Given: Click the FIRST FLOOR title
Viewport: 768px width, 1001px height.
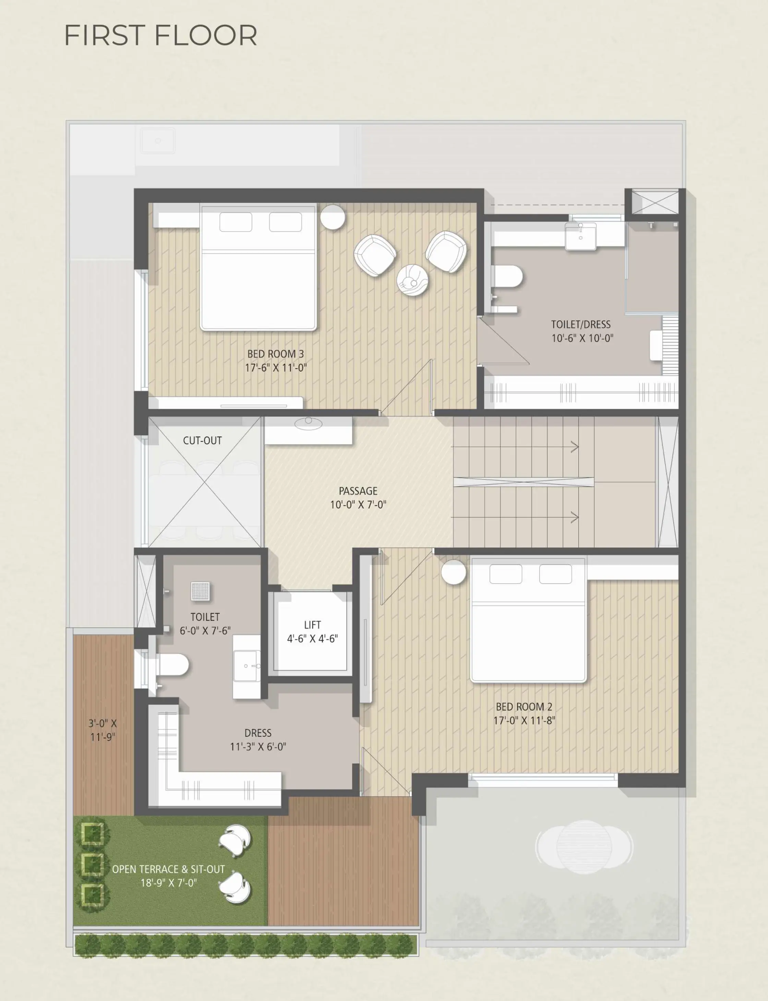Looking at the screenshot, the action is pyautogui.click(x=160, y=35).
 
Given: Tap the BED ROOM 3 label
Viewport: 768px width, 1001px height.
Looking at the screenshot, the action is pyautogui.click(x=275, y=354).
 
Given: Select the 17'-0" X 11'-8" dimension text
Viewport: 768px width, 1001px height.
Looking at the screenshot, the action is pyautogui.click(x=524, y=720).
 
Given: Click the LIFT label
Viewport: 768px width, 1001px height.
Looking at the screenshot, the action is pyautogui.click(x=312, y=624).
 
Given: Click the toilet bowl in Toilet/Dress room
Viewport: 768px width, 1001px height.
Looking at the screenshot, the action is pyautogui.click(x=508, y=277).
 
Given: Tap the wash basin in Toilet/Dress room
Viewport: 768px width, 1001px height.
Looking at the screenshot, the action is pyautogui.click(x=580, y=236).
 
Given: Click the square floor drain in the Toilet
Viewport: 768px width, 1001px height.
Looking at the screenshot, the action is pyautogui.click(x=200, y=591).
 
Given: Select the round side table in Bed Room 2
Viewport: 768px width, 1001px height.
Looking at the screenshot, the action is pyautogui.click(x=454, y=572).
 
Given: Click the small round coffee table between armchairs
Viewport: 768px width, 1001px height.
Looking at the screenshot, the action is pyautogui.click(x=413, y=280).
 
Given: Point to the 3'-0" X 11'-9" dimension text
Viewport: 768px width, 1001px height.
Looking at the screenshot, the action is pyautogui.click(x=103, y=730).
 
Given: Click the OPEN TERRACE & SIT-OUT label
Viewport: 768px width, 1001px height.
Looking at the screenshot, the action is pyautogui.click(x=168, y=869).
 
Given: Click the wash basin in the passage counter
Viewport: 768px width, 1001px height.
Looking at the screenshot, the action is pyautogui.click(x=309, y=424).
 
